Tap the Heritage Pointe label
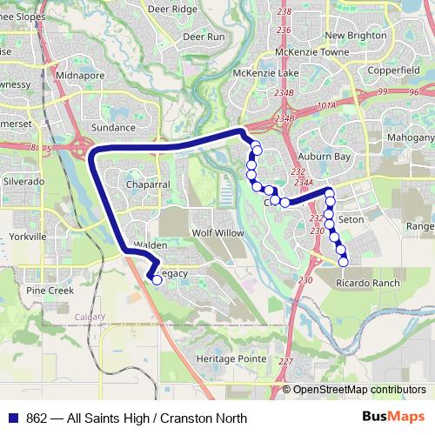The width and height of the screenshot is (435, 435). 231,358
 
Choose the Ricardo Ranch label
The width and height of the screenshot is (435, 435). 368,284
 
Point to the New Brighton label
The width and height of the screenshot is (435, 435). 355,35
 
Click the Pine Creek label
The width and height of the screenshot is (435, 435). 50,290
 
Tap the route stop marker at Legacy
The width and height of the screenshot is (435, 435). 157,280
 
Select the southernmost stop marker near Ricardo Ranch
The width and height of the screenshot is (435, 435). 343,261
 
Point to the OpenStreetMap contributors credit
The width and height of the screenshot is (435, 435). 359,390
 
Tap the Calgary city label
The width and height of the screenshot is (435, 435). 90,316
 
